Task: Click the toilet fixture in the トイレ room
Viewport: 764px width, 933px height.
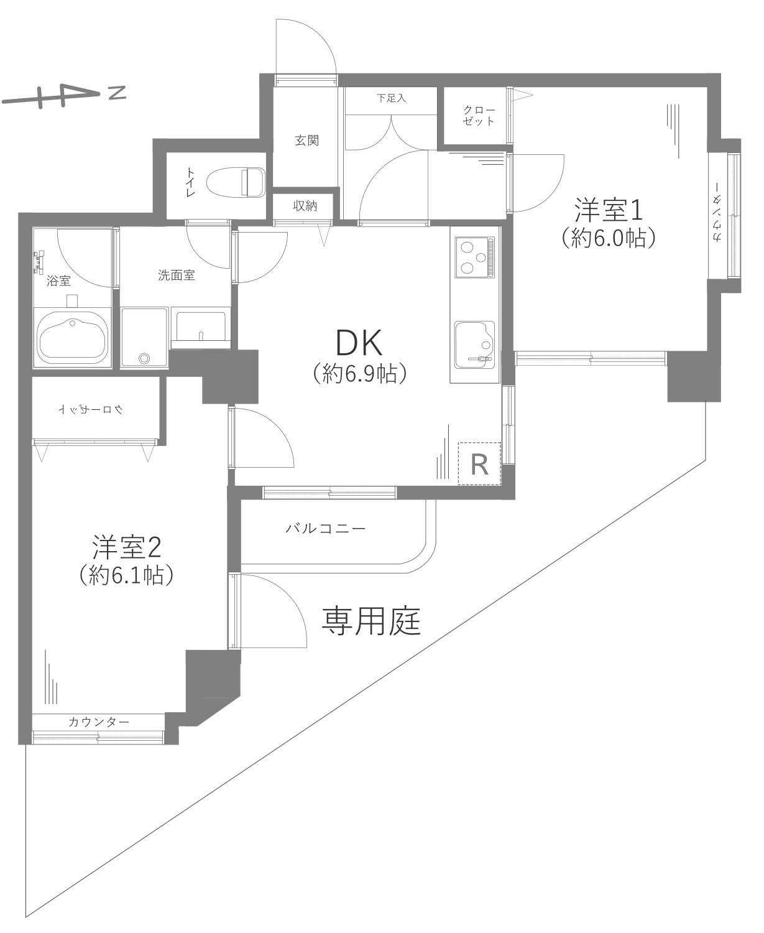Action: (239, 182)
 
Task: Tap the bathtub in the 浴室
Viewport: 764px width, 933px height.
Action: (73, 336)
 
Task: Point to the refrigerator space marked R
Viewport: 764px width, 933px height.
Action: (479, 463)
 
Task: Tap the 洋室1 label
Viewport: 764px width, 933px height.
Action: (607, 210)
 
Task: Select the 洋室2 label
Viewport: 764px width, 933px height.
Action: (127, 547)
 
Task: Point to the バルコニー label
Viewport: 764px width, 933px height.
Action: (326, 529)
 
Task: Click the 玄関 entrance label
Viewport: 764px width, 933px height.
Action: (306, 141)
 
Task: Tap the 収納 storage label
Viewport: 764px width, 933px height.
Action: (305, 205)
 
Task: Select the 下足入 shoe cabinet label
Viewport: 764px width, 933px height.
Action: (391, 98)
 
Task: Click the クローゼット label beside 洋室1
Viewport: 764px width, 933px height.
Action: (479, 116)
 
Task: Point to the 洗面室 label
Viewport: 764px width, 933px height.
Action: (177, 275)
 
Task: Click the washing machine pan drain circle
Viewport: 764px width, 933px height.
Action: (144, 358)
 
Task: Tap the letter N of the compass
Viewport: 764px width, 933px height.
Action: (116, 93)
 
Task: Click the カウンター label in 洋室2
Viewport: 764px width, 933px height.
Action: (99, 722)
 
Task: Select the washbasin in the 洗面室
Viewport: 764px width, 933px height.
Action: (201, 327)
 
